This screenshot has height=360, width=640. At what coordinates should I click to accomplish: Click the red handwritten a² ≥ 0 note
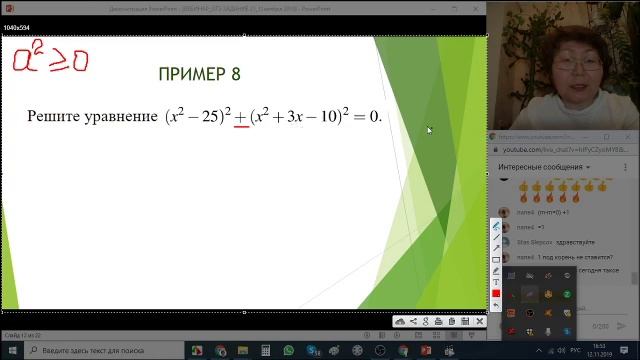pyautogui.click(x=50, y=59)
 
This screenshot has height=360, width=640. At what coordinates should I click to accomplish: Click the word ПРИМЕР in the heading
pyautogui.click(x=192, y=74)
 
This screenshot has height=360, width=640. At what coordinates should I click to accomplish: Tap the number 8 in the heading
pyautogui.click(x=235, y=74)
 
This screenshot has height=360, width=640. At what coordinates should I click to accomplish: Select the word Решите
pyautogui.click(x=57, y=117)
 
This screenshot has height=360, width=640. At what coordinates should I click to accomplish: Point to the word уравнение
pyautogui.click(x=122, y=118)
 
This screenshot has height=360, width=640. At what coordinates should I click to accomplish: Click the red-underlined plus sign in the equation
pyautogui.click(x=240, y=118)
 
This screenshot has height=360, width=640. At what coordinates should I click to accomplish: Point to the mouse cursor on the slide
pyautogui.click(x=430, y=130)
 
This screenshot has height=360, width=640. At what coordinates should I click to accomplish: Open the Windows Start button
pyautogui.click(x=8, y=351)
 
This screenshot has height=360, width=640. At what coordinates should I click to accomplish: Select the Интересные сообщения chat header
pyautogui.click(x=541, y=166)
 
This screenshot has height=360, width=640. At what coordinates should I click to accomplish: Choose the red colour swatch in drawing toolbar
pyautogui.click(x=497, y=292)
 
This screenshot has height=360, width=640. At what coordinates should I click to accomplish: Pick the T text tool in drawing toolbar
pyautogui.click(x=497, y=281)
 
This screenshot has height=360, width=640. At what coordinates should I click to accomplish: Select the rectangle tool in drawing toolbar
pyautogui.click(x=497, y=259)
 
